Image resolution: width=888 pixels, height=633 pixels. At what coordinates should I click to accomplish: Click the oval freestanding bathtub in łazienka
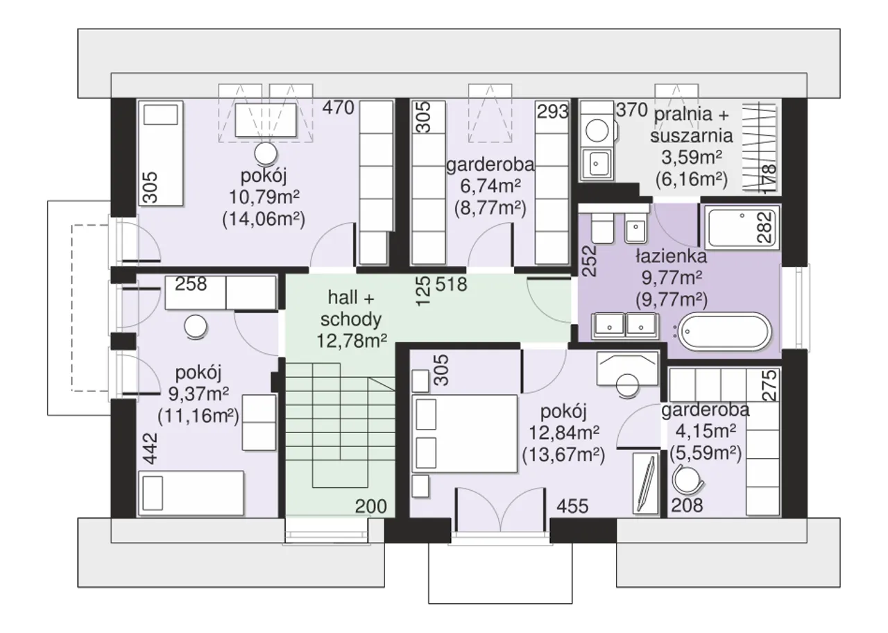725,332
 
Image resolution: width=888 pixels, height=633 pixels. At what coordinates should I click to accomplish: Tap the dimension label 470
338,108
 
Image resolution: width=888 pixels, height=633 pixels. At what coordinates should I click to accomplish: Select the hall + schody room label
351,308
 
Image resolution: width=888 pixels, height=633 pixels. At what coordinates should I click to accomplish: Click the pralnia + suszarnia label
692,125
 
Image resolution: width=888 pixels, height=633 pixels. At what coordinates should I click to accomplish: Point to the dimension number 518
451,284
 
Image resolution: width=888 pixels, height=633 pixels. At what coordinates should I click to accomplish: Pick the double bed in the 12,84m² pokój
465,434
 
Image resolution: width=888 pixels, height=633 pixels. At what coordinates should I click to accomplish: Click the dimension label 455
572,506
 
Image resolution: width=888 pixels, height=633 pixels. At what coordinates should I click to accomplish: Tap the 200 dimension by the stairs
370,506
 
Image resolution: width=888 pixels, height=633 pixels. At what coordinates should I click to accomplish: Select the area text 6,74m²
490,186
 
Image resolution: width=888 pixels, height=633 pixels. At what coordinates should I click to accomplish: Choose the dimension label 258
191,284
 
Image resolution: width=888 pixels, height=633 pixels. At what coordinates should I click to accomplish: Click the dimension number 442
151,448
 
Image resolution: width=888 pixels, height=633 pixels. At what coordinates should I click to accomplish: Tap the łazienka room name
671,257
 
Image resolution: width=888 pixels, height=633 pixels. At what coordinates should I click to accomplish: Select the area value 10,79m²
264,196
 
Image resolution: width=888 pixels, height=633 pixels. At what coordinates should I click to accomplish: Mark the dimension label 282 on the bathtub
765,227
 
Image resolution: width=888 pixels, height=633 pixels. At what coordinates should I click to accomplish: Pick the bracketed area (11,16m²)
198,416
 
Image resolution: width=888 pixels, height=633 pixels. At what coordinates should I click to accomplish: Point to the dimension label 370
632,110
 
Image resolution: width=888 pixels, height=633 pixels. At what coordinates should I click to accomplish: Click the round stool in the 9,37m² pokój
196,327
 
